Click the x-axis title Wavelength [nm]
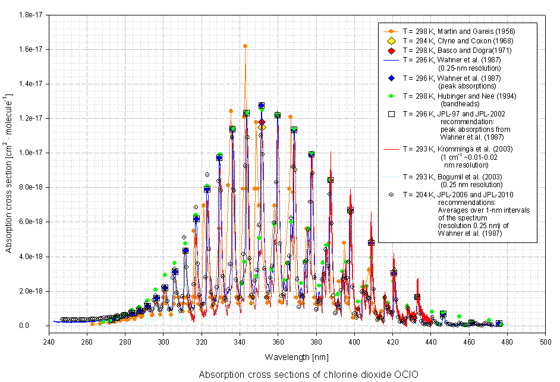click(x=297, y=358)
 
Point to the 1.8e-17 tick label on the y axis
click(x=30, y=14)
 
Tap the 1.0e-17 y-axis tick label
click(x=30, y=153)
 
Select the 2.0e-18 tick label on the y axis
click(x=30, y=291)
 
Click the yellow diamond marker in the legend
click(x=391, y=40)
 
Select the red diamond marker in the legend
click(x=391, y=51)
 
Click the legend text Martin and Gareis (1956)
click(x=457, y=30)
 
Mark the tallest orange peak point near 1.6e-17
click(x=245, y=46)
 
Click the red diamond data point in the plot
click(x=262, y=122)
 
